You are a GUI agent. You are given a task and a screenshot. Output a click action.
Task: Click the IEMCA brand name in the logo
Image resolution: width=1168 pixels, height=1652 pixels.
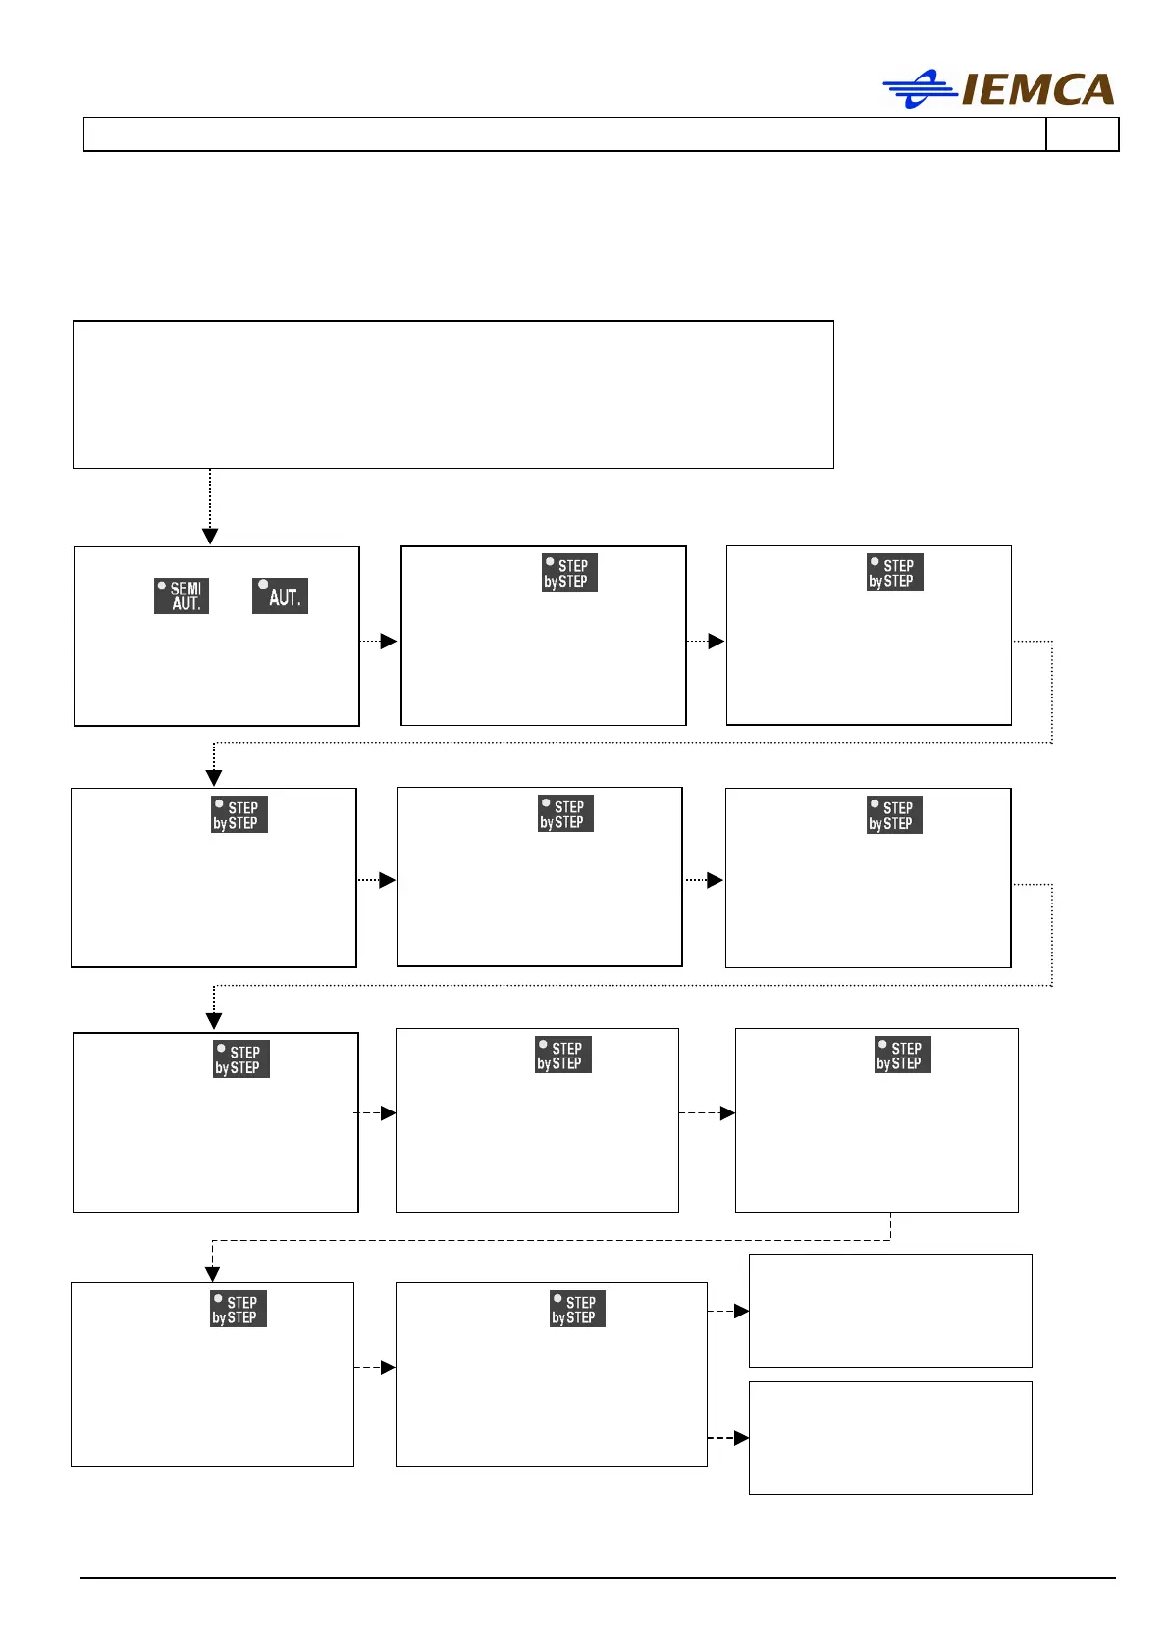pyautogui.click(x=1038, y=89)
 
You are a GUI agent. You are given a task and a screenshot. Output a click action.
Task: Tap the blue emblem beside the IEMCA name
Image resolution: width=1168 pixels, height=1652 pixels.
pyautogui.click(x=919, y=89)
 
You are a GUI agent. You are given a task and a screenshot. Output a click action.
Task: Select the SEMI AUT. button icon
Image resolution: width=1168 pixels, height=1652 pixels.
pyautogui.click(x=182, y=595)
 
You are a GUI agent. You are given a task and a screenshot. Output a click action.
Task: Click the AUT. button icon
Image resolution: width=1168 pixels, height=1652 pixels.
pyautogui.click(x=280, y=595)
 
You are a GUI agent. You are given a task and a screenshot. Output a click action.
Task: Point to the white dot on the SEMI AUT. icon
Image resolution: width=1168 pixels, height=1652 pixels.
pyautogui.click(x=162, y=586)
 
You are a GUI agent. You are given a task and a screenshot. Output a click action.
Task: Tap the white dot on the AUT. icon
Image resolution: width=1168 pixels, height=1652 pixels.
pyautogui.click(x=263, y=585)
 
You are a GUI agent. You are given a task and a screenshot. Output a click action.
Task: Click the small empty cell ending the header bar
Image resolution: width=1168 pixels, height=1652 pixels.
pyautogui.click(x=1082, y=134)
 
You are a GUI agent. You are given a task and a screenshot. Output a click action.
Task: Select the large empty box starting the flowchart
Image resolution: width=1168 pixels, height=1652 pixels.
pyautogui.click(x=452, y=394)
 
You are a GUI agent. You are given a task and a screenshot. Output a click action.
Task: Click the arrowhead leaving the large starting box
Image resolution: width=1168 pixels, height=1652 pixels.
pyautogui.click(x=210, y=536)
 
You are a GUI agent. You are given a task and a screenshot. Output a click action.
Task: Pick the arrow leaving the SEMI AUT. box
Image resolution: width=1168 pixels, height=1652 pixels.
pyautogui.click(x=387, y=641)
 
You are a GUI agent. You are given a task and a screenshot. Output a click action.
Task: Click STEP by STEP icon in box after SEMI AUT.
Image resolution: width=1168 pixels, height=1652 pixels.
pyautogui.click(x=569, y=573)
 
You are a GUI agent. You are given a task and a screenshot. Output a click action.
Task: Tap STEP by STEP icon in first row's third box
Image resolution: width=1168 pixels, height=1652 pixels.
pyautogui.click(x=894, y=573)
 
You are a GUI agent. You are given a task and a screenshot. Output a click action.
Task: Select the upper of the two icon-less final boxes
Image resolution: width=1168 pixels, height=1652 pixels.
pyautogui.click(x=890, y=1310)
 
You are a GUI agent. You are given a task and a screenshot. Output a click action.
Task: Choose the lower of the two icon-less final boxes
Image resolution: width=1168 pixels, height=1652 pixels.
pyautogui.click(x=890, y=1437)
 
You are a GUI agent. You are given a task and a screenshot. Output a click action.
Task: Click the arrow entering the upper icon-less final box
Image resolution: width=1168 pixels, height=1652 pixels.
pyautogui.click(x=741, y=1311)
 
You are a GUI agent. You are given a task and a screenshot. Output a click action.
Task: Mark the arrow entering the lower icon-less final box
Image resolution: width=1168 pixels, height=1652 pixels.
pyautogui.click(x=741, y=1438)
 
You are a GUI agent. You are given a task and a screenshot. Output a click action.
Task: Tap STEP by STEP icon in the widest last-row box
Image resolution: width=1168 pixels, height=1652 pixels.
pyautogui.click(x=577, y=1309)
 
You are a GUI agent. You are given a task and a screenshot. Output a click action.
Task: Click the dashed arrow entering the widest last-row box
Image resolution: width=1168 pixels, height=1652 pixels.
pyautogui.click(x=387, y=1368)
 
